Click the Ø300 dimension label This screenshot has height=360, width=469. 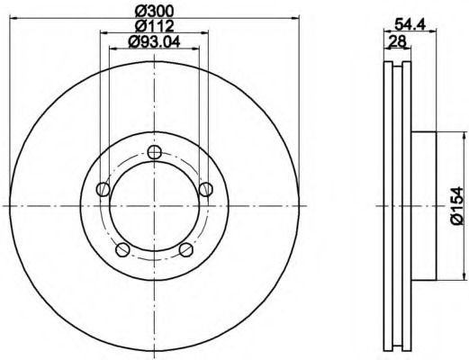[x=154, y=12]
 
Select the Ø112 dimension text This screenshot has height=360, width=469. [x=154, y=26]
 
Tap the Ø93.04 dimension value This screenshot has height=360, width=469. [x=154, y=41]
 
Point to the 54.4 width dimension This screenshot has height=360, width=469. [x=410, y=24]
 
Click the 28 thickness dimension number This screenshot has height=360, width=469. [x=397, y=40]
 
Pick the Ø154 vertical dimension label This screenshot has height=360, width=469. [x=457, y=205]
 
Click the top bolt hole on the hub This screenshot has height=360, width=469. [x=155, y=152]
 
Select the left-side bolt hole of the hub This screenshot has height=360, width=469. [x=103, y=189]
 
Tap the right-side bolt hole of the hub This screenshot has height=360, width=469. [x=206, y=189]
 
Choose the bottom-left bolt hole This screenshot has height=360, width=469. [x=122, y=249]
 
